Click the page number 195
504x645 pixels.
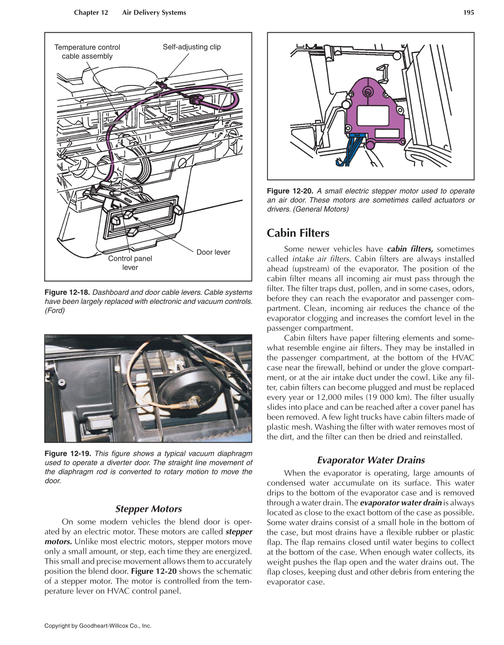468,13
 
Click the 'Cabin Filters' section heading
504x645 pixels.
298,233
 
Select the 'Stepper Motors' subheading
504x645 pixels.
148,508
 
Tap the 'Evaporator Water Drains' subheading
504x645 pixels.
371,460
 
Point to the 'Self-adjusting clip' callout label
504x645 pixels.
191,47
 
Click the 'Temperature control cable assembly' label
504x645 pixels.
87,51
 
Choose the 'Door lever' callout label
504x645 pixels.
213,252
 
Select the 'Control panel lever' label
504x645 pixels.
130,263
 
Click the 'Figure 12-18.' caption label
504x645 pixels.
67,292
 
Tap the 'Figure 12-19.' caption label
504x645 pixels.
67,454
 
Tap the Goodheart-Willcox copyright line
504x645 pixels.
98,625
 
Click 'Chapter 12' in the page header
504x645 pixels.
91,13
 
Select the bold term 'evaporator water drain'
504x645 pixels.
401,502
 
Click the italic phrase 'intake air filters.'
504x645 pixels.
321,259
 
